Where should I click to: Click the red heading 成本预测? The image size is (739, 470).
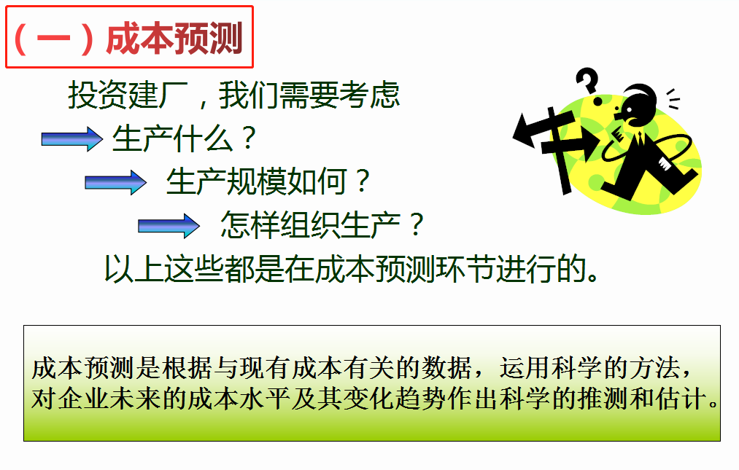point(175,38)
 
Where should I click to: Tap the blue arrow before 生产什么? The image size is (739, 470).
point(72,139)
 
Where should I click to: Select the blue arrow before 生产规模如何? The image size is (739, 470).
point(115,182)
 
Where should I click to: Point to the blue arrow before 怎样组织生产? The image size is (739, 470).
point(169,226)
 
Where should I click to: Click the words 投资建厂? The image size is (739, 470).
point(128,95)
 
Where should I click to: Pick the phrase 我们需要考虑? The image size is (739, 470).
point(309,95)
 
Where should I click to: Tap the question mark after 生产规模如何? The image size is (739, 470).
point(363,181)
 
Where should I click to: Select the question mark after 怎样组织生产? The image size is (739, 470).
point(417,224)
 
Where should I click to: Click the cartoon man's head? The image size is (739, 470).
point(636,104)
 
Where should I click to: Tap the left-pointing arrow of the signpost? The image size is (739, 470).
point(537,130)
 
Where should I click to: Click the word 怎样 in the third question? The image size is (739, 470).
point(250,224)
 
